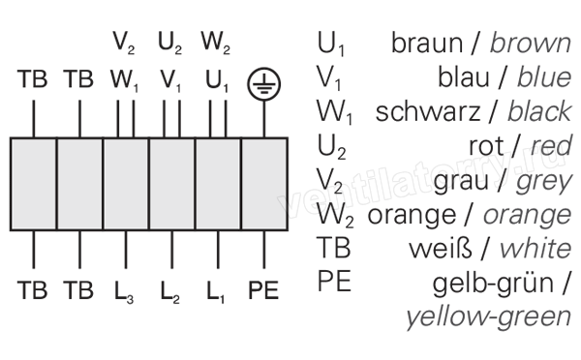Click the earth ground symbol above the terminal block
pos(263,84)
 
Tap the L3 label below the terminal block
pos(124,292)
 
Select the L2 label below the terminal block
pos(170,292)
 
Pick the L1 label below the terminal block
pos(216,292)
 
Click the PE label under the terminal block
pos(263,290)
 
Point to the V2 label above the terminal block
pos(124,43)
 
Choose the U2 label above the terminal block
pos(170,43)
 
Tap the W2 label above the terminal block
pos(216,43)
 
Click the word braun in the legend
pos(427,43)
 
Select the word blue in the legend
pos(544,77)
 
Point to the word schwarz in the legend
pos(428,111)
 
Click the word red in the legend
pos(552,145)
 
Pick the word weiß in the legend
pos(441,249)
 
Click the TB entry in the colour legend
pos(333,248)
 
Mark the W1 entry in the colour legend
pos(334,112)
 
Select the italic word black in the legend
pos(540,111)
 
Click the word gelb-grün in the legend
pos(493,285)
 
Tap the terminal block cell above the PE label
pos(264,184)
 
